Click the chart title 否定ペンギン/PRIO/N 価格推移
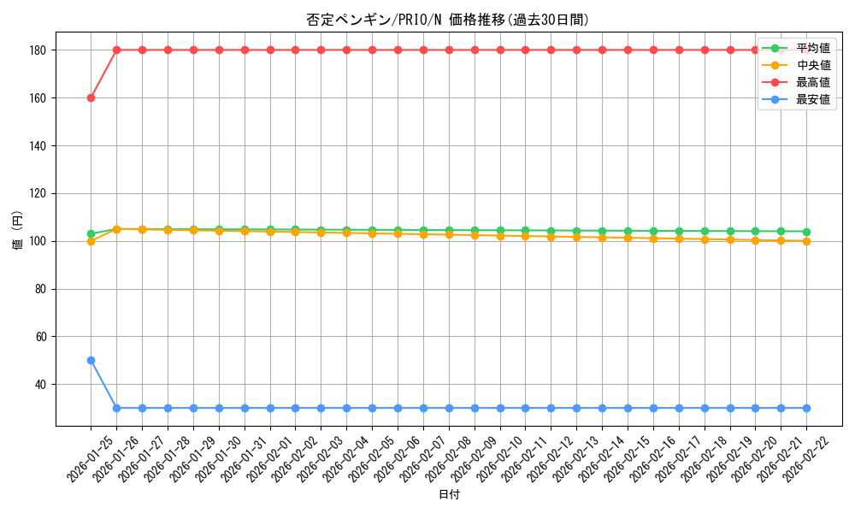(x=448, y=20)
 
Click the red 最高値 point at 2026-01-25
(x=91, y=97)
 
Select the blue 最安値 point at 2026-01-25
(x=91, y=360)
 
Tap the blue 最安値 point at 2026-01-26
(x=116, y=408)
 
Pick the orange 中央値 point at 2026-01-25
(x=91, y=241)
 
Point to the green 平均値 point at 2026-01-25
(x=91, y=233)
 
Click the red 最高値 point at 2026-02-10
(x=500, y=50)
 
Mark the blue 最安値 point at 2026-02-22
(x=806, y=408)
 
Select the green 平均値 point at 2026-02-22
(x=806, y=232)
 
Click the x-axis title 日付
(x=448, y=495)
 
